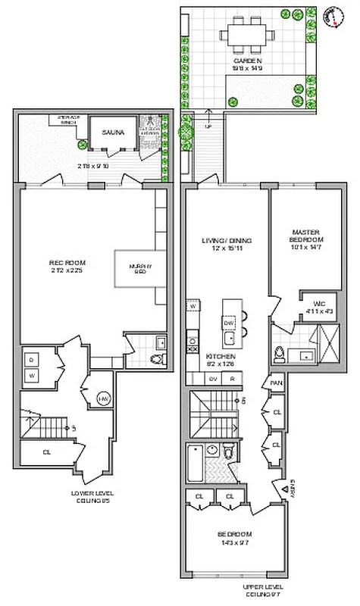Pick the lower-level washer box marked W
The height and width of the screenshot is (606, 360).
pos(32,373)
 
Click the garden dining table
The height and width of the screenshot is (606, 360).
pos(246,36)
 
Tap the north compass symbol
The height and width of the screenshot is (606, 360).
pos(331,15)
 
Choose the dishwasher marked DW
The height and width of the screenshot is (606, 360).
pos(228,320)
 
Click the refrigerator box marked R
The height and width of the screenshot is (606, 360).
pos(233,379)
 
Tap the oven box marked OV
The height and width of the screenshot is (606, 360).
pos(213,379)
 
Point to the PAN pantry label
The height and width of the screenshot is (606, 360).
pos(275,384)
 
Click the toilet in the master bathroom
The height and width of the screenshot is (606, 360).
pos(279,352)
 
